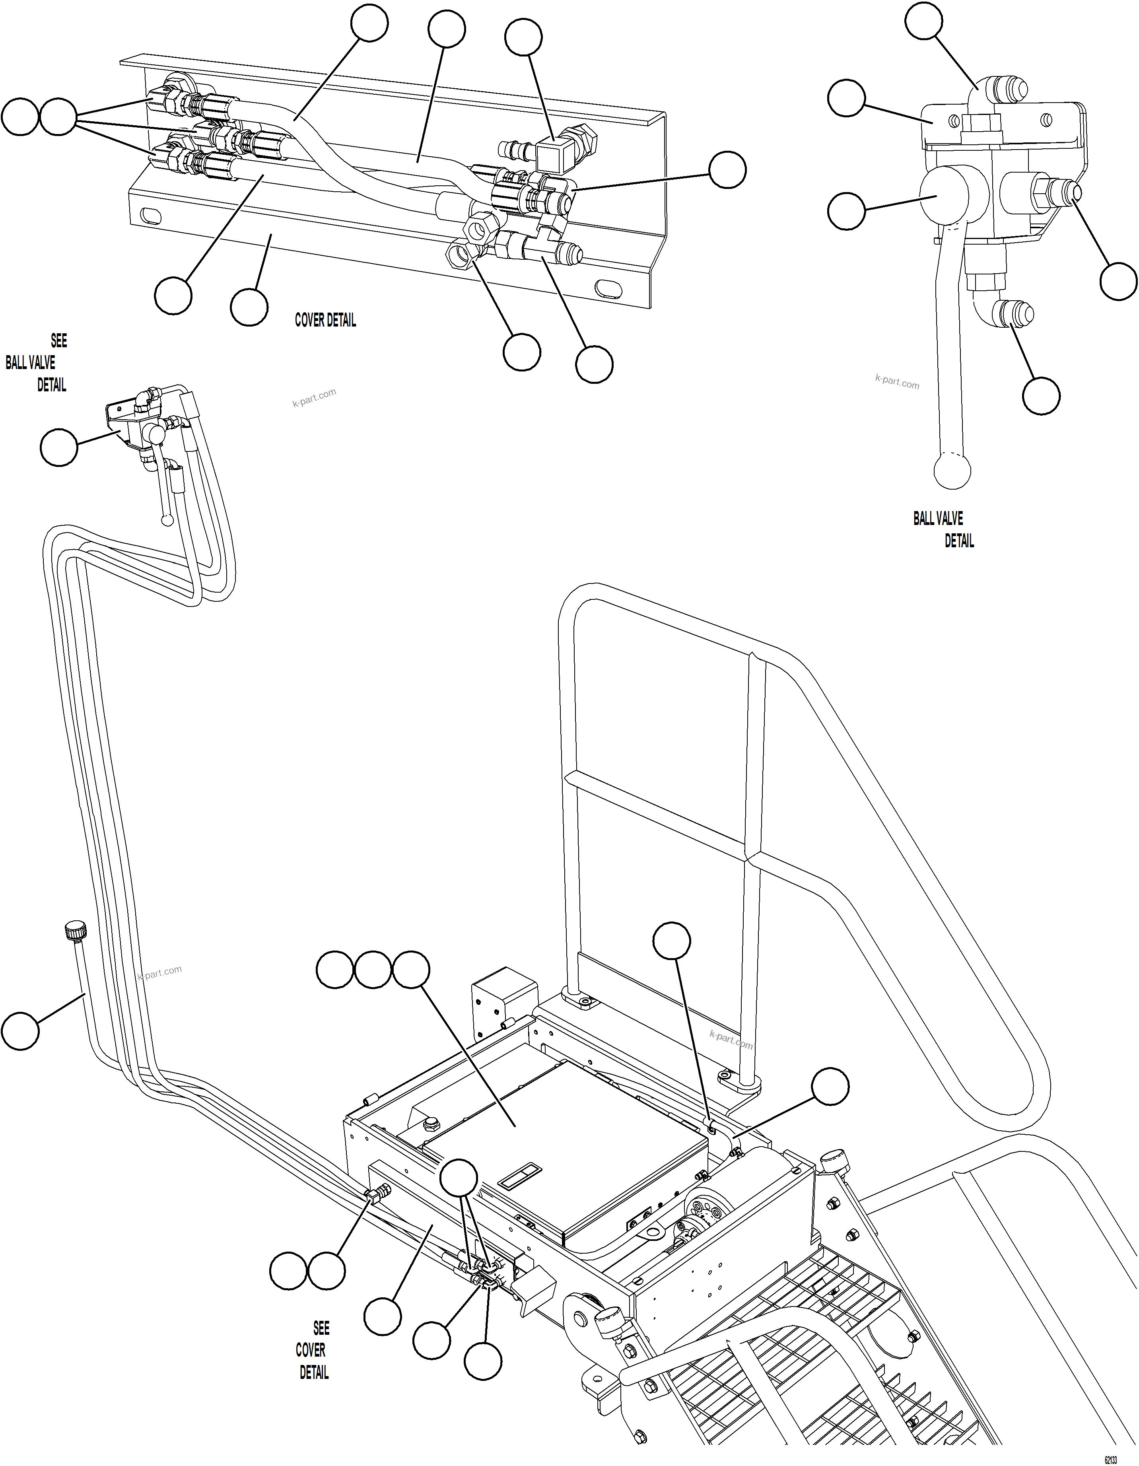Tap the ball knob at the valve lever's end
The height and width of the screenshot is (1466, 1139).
pyautogui.click(x=952, y=470)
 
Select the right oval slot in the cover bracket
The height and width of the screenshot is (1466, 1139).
pyautogui.click(x=609, y=287)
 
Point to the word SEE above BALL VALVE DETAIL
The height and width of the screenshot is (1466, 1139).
pyautogui.click(x=59, y=341)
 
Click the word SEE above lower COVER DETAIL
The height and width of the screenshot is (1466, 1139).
pyautogui.click(x=321, y=1328)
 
